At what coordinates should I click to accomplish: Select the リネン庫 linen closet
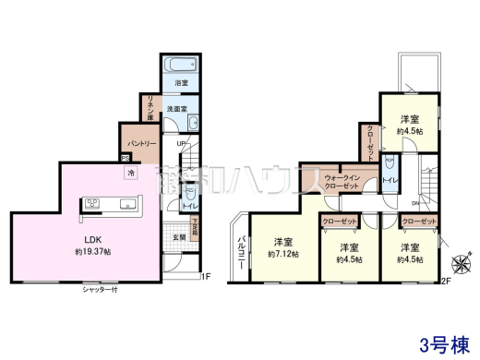pos(147,107)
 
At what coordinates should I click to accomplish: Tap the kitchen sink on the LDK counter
pos(93,203)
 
